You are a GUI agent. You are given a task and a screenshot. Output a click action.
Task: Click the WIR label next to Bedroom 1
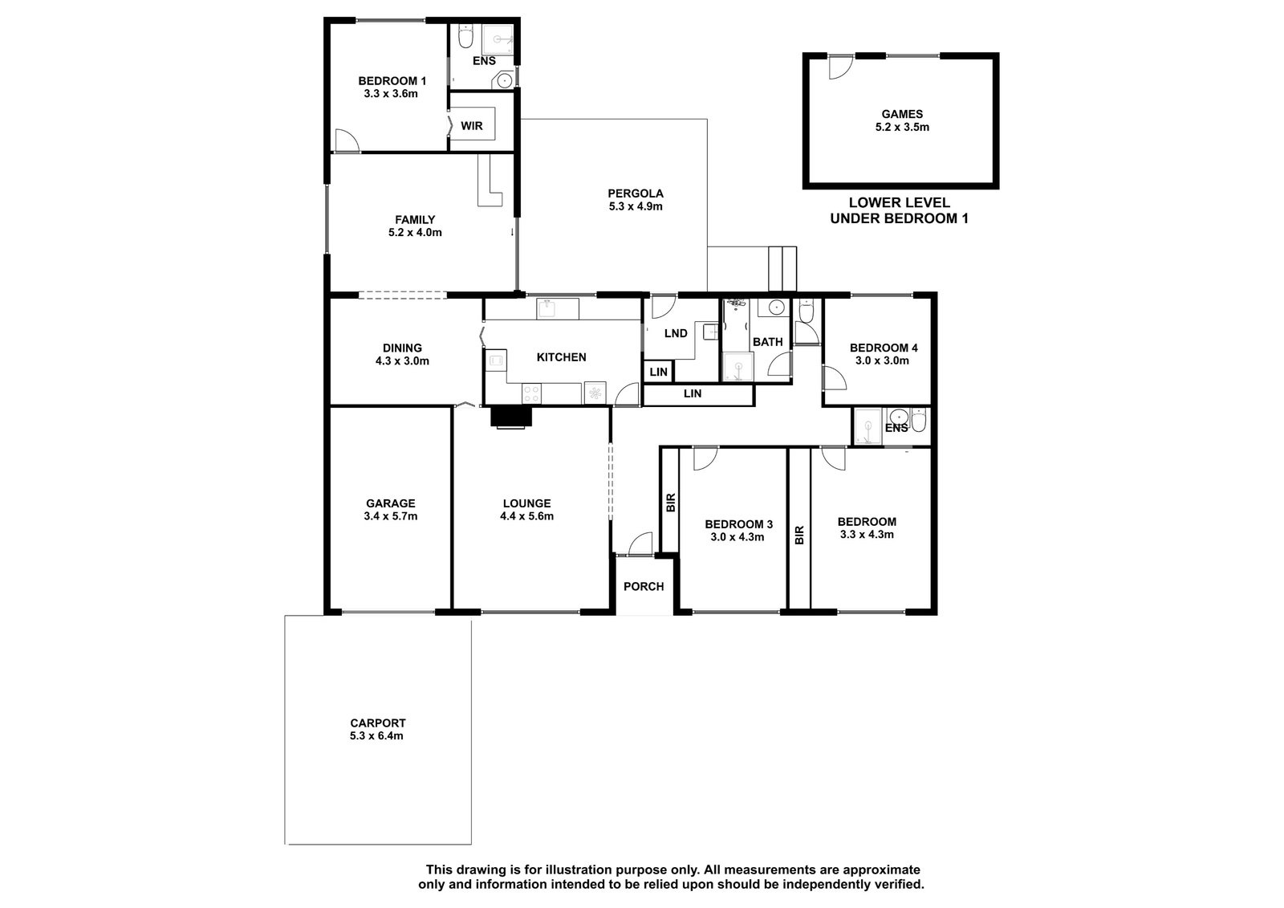click(x=472, y=126)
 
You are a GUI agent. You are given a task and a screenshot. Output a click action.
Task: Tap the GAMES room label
click(x=902, y=114)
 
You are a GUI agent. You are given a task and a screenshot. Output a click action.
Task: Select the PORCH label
click(x=644, y=586)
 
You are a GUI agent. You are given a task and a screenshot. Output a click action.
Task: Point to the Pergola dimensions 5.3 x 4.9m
click(x=636, y=206)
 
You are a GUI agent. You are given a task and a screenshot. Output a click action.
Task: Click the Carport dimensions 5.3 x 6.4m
click(x=376, y=736)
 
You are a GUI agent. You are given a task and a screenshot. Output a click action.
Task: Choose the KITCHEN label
click(x=561, y=357)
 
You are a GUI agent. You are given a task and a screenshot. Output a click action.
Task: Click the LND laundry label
click(x=676, y=333)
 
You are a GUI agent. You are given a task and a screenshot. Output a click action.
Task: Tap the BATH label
click(x=767, y=342)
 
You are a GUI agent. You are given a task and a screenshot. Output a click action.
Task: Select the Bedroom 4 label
click(x=884, y=348)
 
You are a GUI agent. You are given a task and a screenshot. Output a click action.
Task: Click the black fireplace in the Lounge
click(x=511, y=417)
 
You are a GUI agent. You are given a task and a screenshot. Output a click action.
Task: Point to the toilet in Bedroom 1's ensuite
click(x=466, y=37)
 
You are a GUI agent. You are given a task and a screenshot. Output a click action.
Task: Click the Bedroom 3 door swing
click(x=705, y=459)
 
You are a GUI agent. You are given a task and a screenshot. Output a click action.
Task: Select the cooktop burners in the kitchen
click(x=531, y=394)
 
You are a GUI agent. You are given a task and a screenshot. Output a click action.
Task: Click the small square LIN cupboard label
click(x=659, y=373)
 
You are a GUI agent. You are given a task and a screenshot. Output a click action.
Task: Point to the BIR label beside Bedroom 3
click(x=671, y=503)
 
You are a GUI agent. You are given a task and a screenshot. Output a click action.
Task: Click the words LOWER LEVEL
click(x=899, y=202)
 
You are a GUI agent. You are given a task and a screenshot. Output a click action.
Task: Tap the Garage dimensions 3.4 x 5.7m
click(x=390, y=516)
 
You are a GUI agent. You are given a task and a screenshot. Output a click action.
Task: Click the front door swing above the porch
click(x=640, y=544)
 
